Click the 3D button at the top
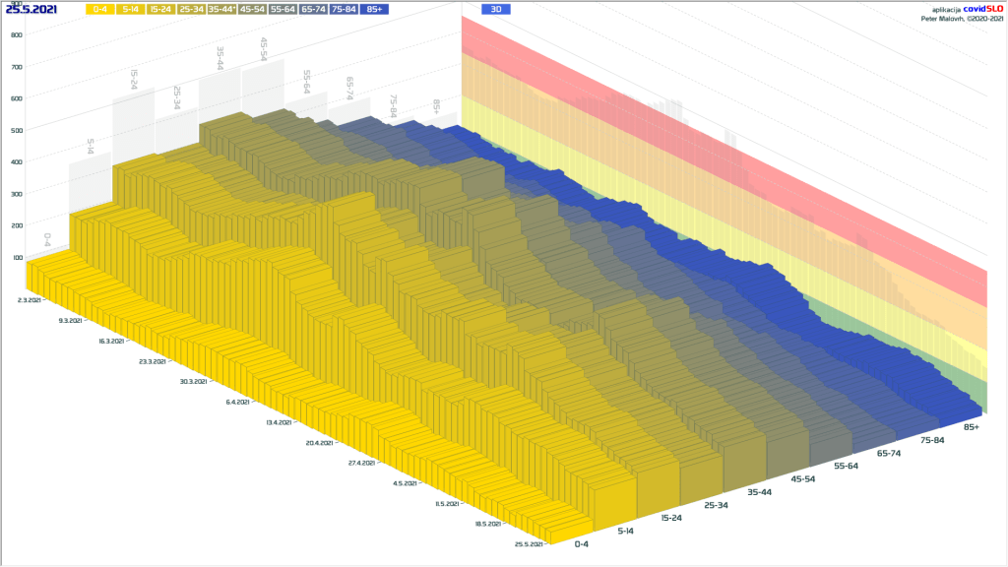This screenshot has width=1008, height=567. click(x=496, y=9)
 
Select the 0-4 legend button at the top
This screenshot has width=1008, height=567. click(x=100, y=9)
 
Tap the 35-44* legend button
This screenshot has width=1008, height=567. click(x=221, y=9)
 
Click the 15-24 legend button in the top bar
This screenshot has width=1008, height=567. click(x=160, y=9)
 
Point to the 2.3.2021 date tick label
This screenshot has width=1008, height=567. click(x=30, y=299)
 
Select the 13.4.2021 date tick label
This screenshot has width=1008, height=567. click(x=280, y=422)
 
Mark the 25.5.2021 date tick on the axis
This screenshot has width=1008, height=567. click(x=531, y=544)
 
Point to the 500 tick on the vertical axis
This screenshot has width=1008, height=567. click(x=17, y=130)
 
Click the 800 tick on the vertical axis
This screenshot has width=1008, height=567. click(x=17, y=34)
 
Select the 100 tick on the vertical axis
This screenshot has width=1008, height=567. click(x=17, y=258)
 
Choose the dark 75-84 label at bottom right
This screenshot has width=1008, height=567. click(x=931, y=439)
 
